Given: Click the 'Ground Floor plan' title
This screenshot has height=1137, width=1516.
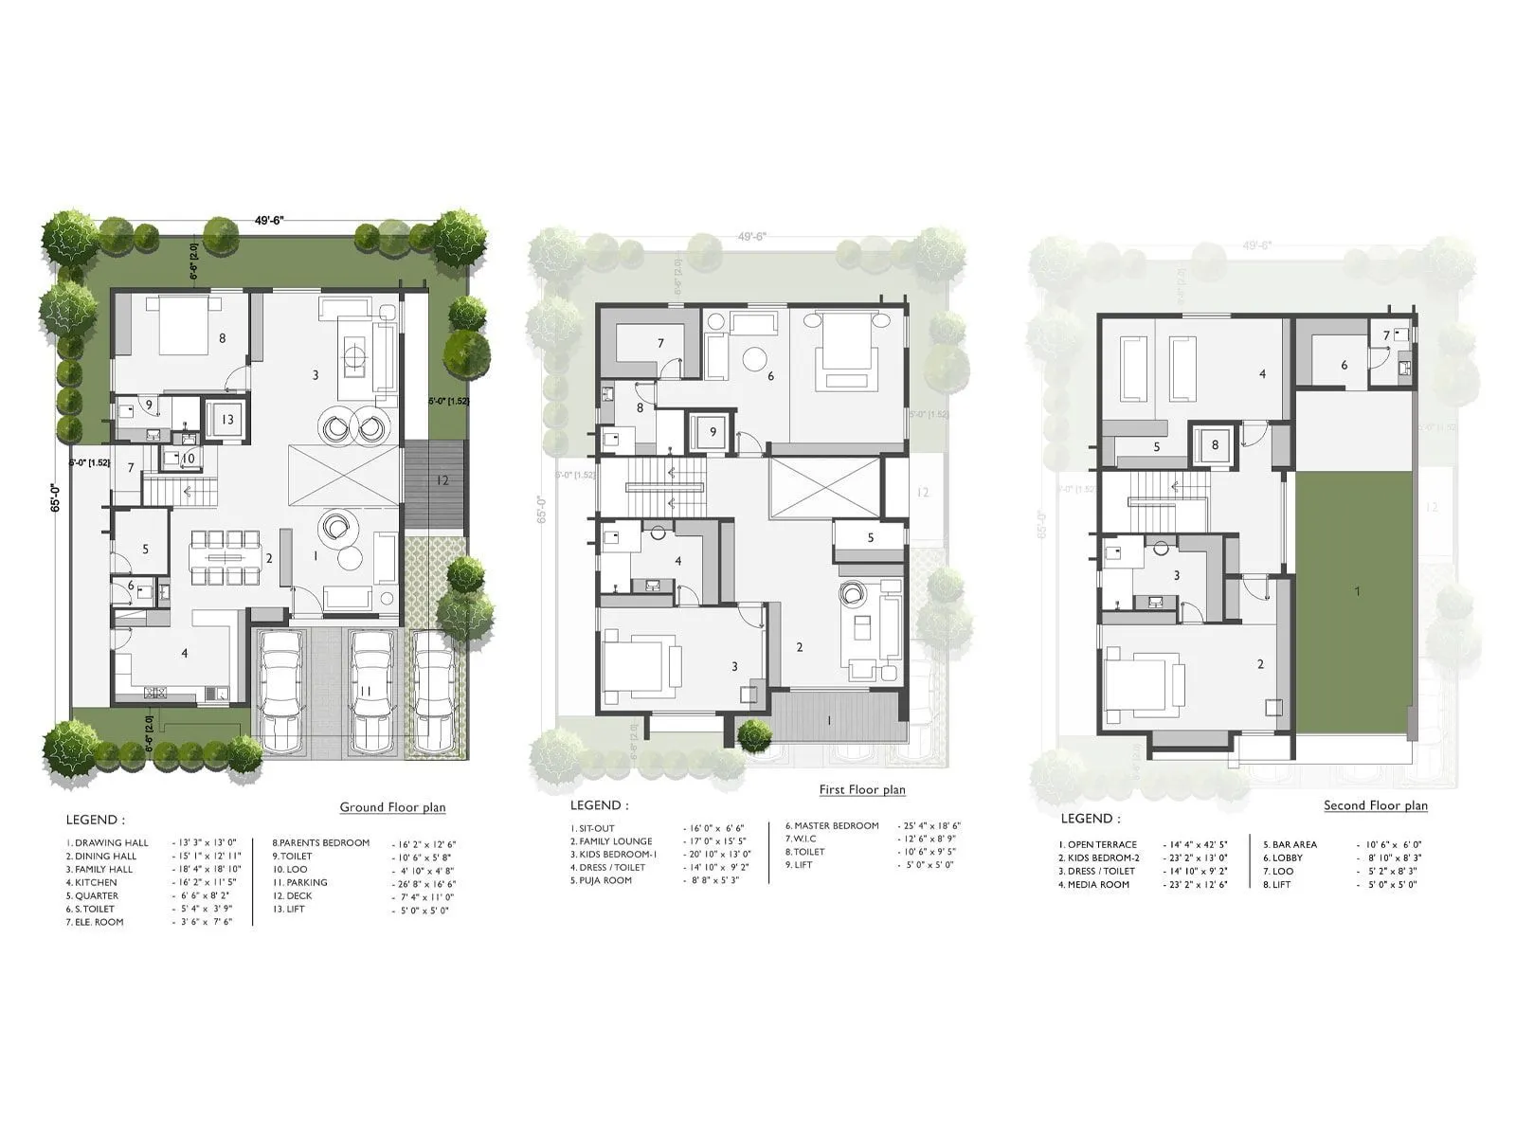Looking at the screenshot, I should pos(392,807).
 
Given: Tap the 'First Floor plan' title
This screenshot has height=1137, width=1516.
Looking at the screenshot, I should pos(862,789).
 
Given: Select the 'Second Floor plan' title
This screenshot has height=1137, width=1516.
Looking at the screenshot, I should pos(1375,805).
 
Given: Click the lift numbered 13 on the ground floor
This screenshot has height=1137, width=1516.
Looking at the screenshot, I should pos(227,419).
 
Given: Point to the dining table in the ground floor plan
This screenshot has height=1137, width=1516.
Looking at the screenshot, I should pos(225,559).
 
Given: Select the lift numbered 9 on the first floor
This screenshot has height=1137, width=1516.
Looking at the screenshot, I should pos(712,432).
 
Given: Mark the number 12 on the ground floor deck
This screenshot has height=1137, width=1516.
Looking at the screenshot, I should pos(442,480).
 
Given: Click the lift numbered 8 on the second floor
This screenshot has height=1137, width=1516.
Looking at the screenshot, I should pos(1215,443).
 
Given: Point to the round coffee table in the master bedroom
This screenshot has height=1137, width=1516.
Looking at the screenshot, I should pos(755,359).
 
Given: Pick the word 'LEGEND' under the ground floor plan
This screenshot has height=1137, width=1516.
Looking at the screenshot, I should pos(94,820).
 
